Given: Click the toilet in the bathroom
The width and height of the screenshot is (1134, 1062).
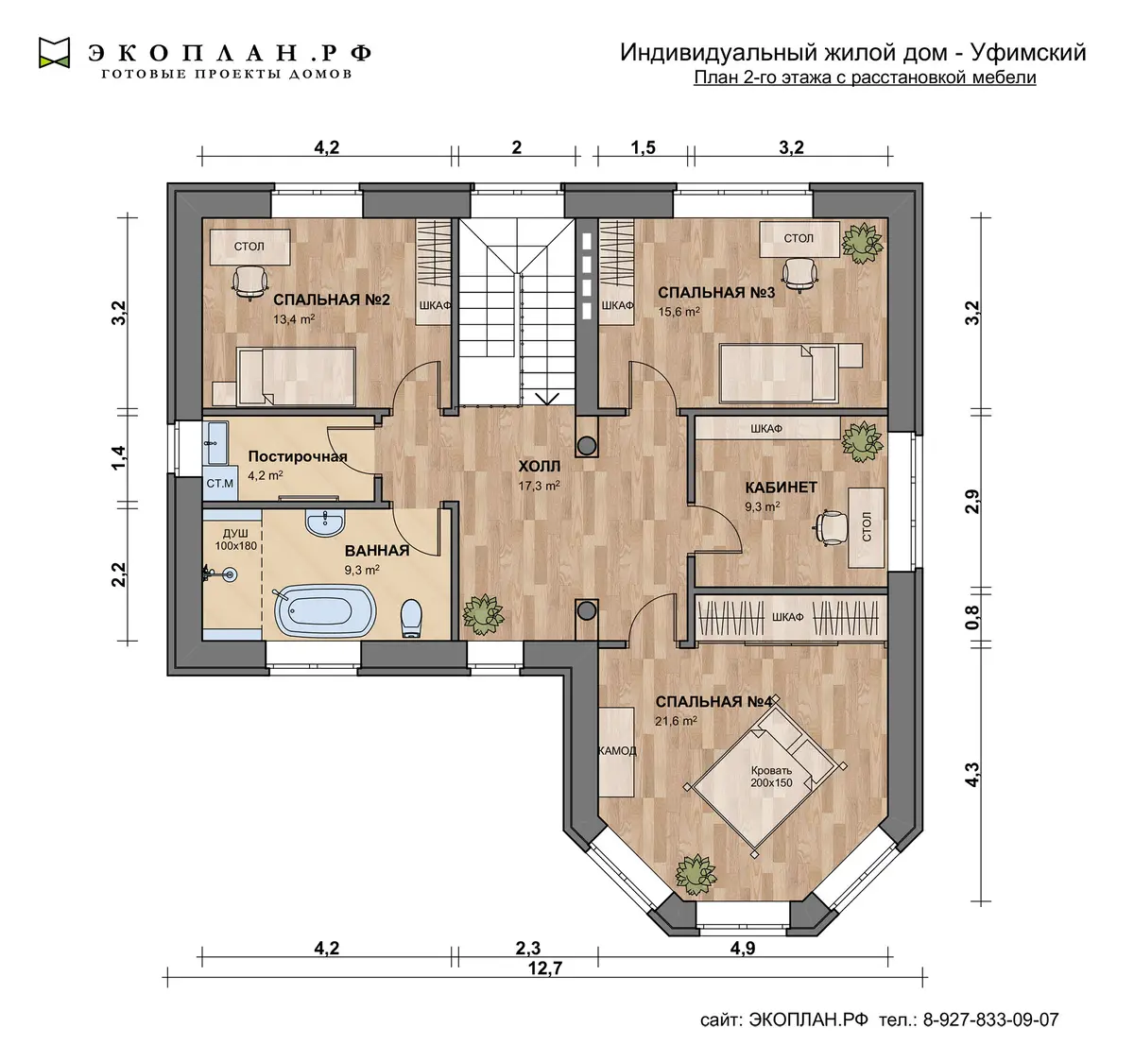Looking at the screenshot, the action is pyautogui.click(x=411, y=617).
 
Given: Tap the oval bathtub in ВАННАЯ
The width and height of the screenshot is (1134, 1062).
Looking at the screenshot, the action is pyautogui.click(x=325, y=610).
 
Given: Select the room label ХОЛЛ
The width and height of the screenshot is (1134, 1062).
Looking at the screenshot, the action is pyautogui.click(x=539, y=467).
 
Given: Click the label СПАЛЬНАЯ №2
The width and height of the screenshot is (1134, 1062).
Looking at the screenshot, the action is pyautogui.click(x=331, y=300).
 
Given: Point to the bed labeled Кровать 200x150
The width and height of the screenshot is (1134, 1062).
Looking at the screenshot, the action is pyautogui.click(x=766, y=778).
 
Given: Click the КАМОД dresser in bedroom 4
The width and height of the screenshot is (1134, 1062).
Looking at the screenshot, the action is pyautogui.click(x=617, y=751).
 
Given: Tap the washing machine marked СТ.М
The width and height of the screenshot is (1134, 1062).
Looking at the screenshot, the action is pyautogui.click(x=219, y=484).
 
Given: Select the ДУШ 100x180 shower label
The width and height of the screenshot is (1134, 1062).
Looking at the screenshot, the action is pyautogui.click(x=235, y=540).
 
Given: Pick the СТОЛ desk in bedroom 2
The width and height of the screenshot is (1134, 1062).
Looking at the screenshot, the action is pyautogui.click(x=249, y=247).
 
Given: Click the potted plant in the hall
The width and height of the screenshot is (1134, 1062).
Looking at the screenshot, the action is pyautogui.click(x=483, y=615).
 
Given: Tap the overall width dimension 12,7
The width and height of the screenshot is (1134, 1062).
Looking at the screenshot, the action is pyautogui.click(x=546, y=968).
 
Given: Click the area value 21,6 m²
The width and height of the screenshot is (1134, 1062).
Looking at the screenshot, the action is pyautogui.click(x=676, y=721).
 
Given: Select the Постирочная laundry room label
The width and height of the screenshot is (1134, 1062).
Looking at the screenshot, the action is pyautogui.click(x=298, y=456).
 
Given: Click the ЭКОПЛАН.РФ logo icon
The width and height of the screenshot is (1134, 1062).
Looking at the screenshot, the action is pyautogui.click(x=54, y=53).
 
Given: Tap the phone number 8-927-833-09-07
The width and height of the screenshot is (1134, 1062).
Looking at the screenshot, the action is pyautogui.click(x=990, y=1019).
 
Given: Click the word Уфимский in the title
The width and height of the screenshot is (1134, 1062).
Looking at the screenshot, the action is pyautogui.click(x=1028, y=53).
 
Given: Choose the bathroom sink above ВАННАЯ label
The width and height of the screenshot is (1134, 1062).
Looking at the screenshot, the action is pyautogui.click(x=325, y=522).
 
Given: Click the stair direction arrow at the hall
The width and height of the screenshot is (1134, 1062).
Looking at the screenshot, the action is pyautogui.click(x=546, y=399).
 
